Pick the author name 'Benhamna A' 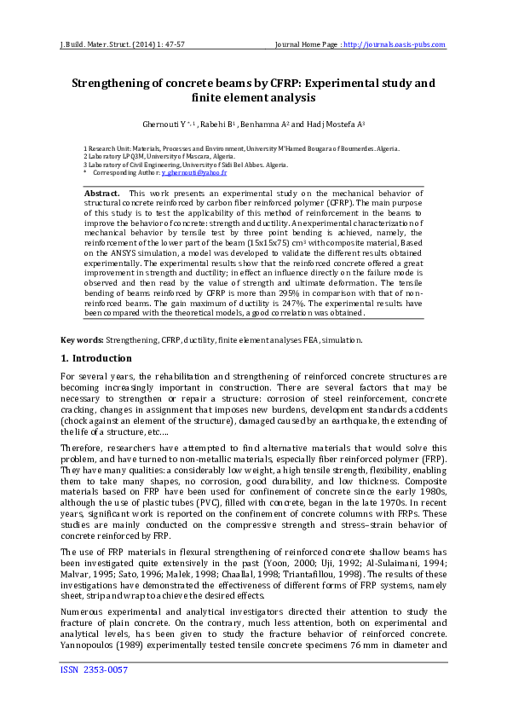pos(266,124)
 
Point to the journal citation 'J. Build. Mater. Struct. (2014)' pos(112,44)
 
